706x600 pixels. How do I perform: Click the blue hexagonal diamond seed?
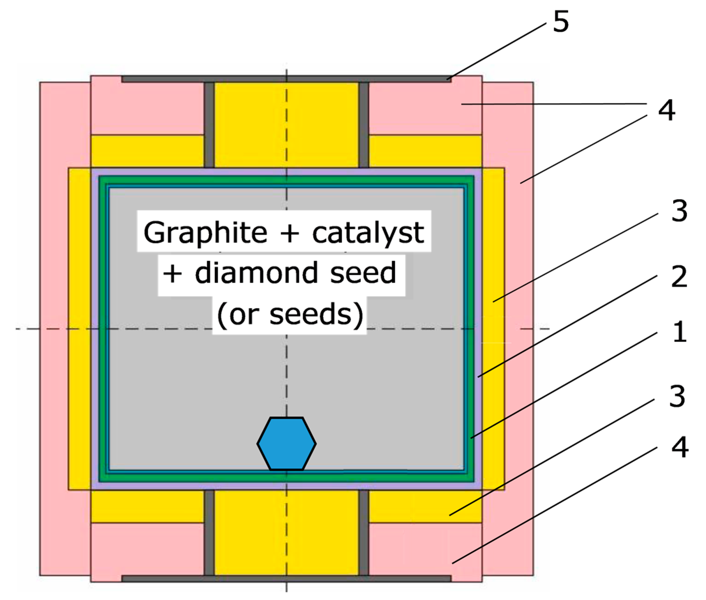286,443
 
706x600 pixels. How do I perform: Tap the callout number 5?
560,21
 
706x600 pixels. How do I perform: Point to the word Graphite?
205,233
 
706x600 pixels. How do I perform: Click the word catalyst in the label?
368,233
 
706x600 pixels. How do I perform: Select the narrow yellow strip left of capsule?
79,329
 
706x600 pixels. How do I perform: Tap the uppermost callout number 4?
666,110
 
